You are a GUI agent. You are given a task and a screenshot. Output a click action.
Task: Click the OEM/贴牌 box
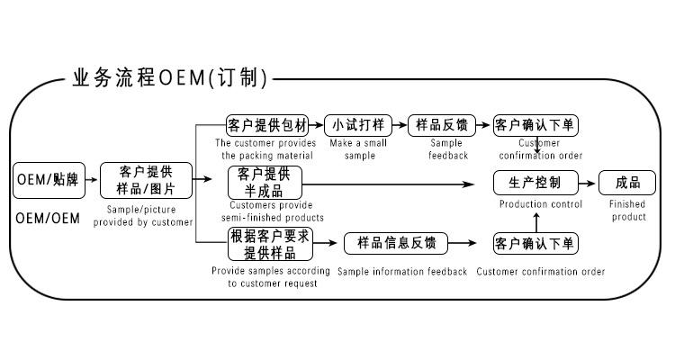49,180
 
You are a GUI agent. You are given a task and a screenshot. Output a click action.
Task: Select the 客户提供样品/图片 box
146,180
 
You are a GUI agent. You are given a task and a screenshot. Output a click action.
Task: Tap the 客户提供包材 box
267,125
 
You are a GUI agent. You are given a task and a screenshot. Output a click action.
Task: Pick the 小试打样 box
358,125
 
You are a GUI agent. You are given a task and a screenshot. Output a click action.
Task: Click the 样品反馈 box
442,125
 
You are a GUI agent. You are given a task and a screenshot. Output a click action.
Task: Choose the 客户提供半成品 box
265,183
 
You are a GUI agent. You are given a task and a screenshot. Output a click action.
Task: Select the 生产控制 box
535,183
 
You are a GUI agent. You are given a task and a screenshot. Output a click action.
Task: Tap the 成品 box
627,183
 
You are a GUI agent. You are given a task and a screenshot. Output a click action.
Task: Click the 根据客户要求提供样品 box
270,244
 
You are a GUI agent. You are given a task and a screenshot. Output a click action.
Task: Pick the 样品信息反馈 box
396,243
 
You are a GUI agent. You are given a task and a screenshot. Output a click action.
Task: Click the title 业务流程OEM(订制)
170,78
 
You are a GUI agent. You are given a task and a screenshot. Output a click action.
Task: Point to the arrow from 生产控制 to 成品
586,184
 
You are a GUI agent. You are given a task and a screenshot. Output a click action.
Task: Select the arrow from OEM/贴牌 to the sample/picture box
92,180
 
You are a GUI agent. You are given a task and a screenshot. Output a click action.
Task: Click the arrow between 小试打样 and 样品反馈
400,125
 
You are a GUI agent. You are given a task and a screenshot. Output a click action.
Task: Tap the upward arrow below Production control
536,222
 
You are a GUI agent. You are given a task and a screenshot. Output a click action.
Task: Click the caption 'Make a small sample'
358,149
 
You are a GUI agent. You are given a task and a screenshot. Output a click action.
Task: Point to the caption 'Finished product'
627,210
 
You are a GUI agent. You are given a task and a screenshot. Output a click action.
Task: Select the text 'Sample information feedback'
402,272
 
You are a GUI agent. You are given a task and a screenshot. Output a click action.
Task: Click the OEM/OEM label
48,219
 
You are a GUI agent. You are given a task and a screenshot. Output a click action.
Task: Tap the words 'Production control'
541,204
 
